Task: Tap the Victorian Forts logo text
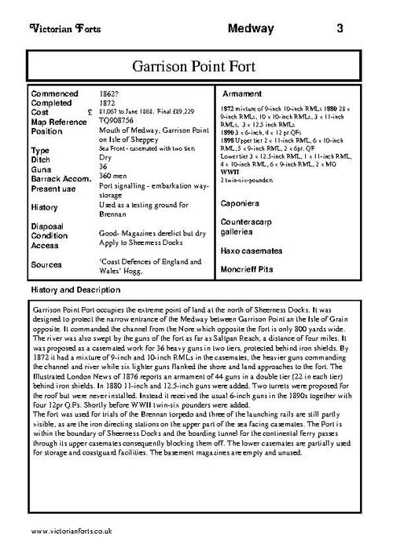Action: coord(57,29)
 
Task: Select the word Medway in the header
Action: coord(251,29)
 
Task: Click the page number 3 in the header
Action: coord(339,29)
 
